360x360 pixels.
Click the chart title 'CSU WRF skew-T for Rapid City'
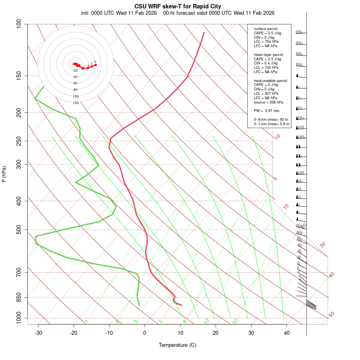coord(178,6)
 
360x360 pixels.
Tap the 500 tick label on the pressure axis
coord(20,230)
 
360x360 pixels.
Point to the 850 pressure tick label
coord(20,297)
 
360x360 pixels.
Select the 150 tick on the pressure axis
coord(20,76)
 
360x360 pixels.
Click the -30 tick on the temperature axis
coord(38,333)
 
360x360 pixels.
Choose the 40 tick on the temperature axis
coord(287,333)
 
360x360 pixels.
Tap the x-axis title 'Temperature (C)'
coord(178,345)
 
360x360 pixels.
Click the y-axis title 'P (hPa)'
coord(4,174)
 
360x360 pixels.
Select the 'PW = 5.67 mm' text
coord(266,111)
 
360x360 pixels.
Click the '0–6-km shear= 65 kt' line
coord(271,120)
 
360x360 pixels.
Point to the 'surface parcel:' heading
coord(266,29)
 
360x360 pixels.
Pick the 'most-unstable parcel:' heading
coord(270,81)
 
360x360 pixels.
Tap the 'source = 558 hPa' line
coord(268,102)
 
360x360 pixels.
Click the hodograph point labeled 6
coord(95,65)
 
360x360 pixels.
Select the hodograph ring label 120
coord(76,103)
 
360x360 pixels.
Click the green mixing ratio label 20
coord(236,321)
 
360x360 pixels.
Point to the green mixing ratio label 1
coord(87,322)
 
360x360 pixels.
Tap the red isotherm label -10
coord(277,137)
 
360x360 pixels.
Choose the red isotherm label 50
coord(331,315)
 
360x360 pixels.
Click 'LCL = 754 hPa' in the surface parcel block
coord(266,42)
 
